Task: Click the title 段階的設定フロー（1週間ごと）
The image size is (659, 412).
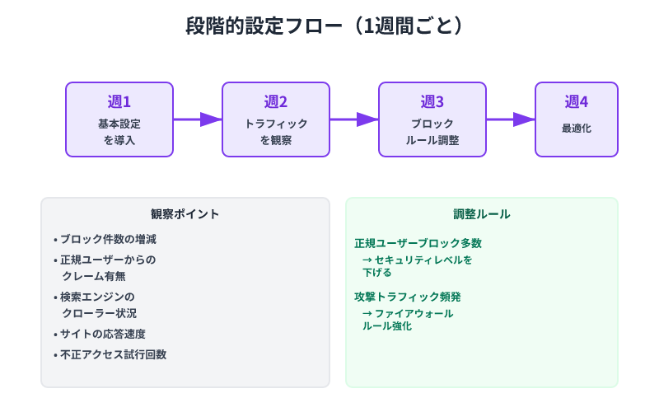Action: (329, 26)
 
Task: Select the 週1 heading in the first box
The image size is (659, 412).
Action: (119, 102)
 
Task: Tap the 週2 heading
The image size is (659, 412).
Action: (276, 102)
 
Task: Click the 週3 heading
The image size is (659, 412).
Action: (432, 102)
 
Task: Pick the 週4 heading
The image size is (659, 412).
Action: (577, 102)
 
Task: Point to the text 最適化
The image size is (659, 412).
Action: (577, 129)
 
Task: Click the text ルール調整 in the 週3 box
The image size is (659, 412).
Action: (432, 141)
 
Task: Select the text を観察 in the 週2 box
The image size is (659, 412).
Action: (276, 141)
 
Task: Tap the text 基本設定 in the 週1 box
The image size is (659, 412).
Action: (119, 124)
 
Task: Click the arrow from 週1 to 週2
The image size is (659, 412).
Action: (198, 119)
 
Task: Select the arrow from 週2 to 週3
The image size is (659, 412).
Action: (354, 119)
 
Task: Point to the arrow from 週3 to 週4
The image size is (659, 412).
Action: (511, 119)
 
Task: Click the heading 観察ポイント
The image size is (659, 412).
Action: (185, 214)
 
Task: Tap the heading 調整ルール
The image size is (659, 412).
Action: (482, 214)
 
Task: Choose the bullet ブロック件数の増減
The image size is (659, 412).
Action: (107, 240)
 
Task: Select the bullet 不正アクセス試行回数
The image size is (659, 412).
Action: (112, 354)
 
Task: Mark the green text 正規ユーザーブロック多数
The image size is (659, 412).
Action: (418, 243)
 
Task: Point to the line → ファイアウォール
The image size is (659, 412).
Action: (408, 314)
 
